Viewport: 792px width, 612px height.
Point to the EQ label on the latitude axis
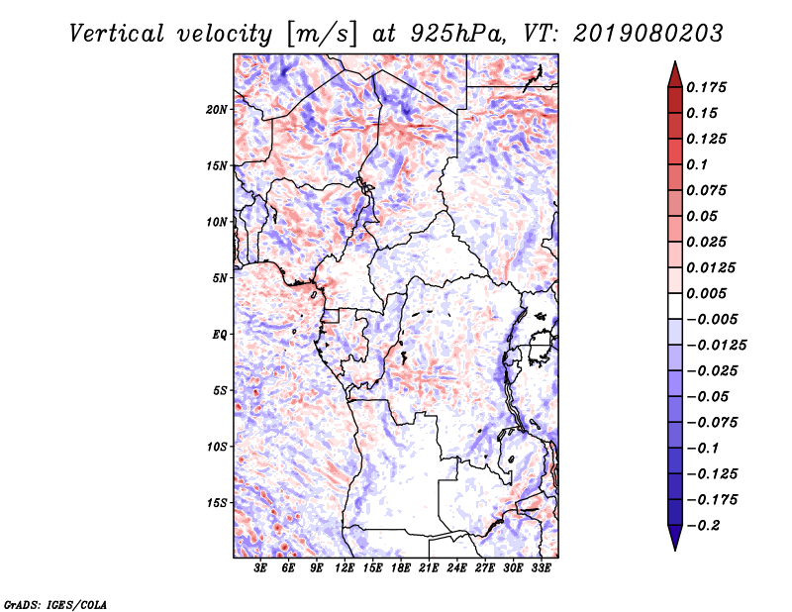(x=221, y=335)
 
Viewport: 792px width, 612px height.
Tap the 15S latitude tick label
(x=218, y=503)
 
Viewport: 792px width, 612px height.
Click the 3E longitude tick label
(x=261, y=568)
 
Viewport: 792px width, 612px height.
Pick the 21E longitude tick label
(x=429, y=568)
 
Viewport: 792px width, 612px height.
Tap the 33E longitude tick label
(x=541, y=568)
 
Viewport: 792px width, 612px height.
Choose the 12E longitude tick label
(x=345, y=568)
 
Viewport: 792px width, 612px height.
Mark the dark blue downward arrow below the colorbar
(x=673, y=540)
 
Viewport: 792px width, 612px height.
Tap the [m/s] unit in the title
(x=321, y=34)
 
